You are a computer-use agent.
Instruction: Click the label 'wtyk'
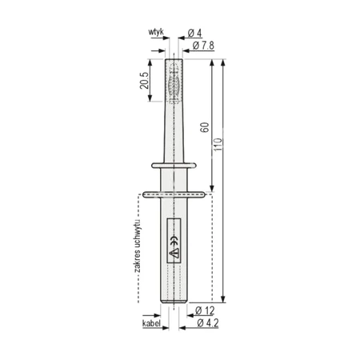point(156,32)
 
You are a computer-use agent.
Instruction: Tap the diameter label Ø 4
point(194,34)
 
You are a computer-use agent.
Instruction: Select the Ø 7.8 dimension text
point(203,46)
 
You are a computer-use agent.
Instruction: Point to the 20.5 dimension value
point(144,80)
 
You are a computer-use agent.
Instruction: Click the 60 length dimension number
point(205,127)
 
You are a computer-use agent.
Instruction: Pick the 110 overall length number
point(218,144)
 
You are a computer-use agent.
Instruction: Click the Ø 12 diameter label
point(205,310)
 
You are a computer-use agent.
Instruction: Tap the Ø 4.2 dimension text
point(208,323)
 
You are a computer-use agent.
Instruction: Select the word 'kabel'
point(151,323)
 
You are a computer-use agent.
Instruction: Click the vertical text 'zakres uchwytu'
point(138,246)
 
